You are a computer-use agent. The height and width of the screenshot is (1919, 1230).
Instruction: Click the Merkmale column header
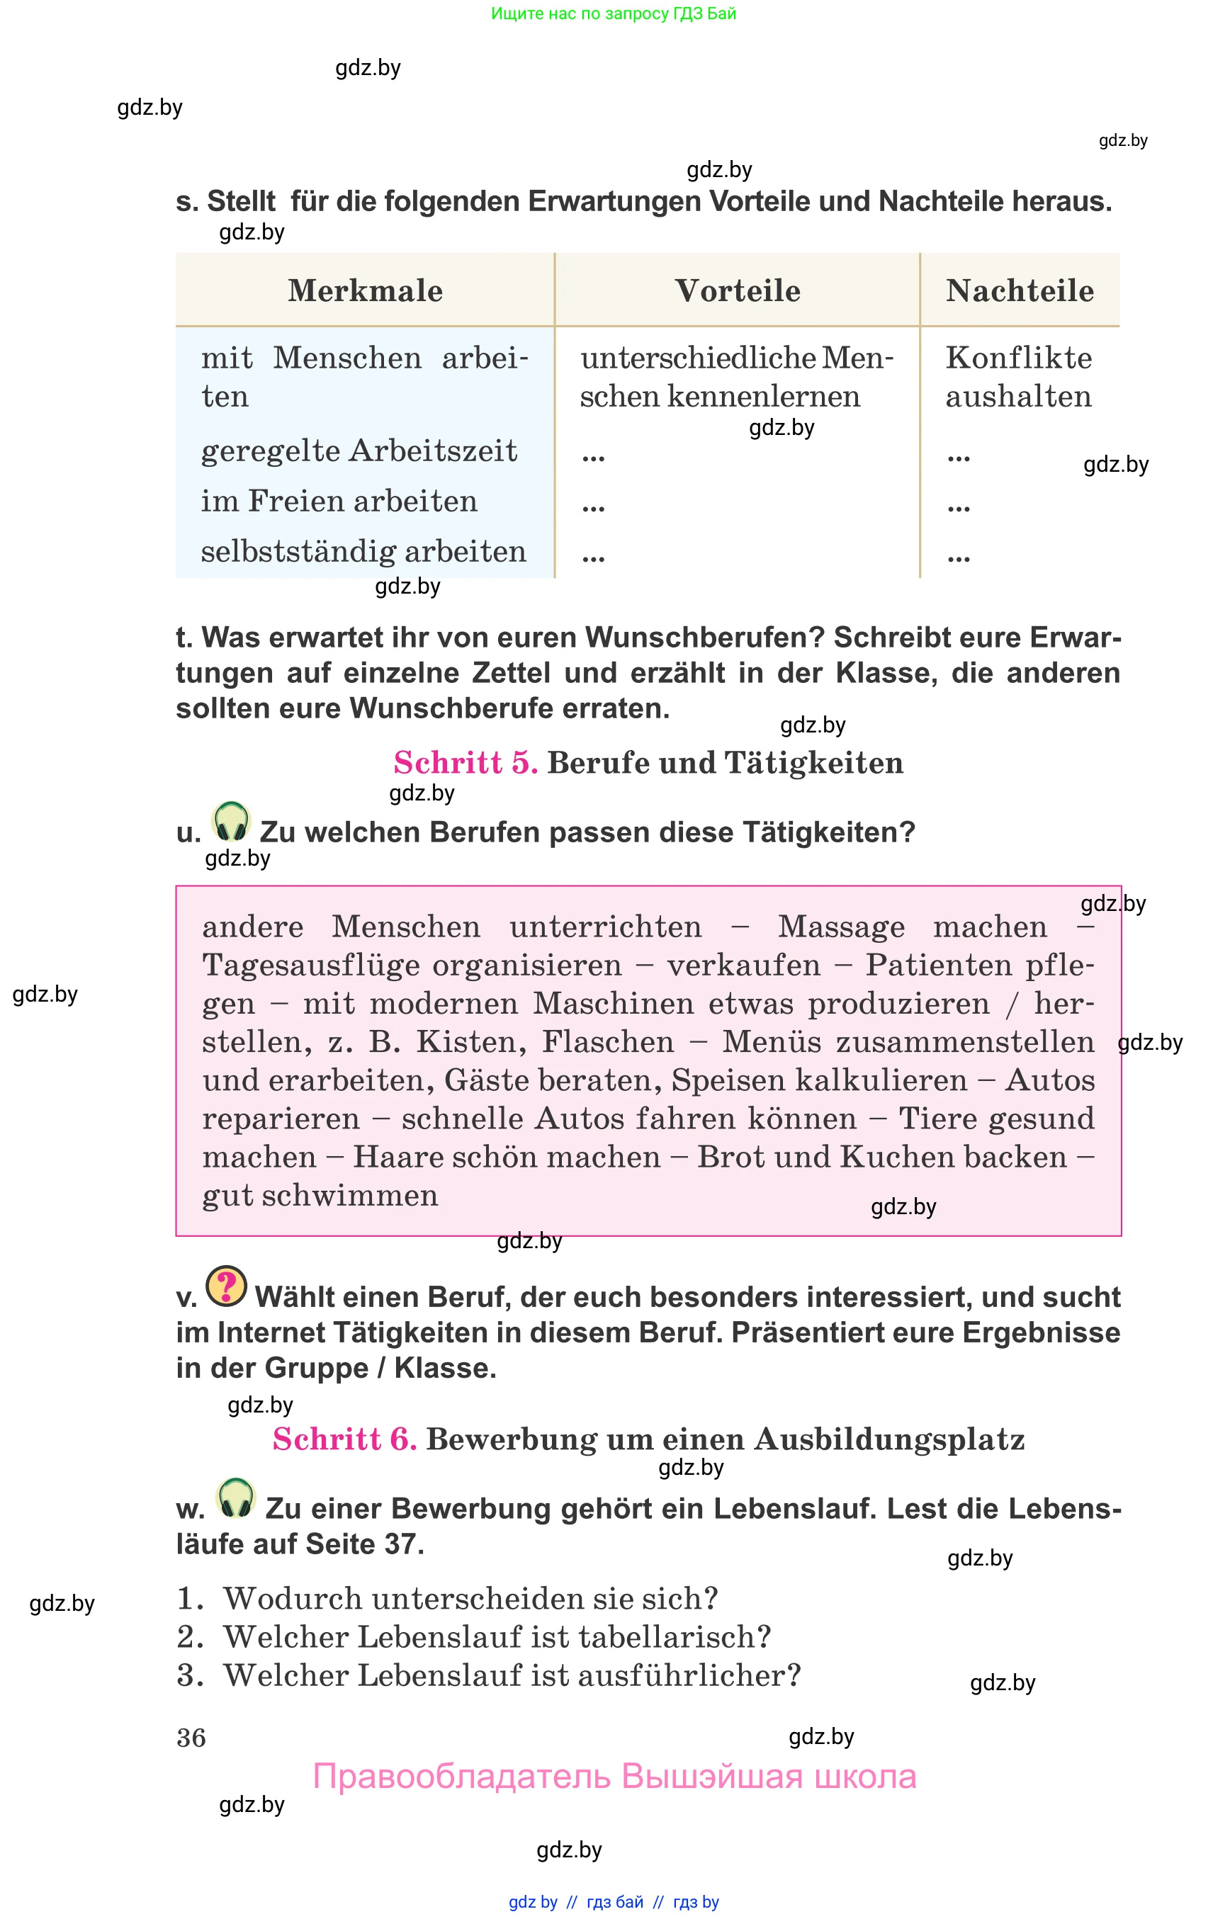[365, 290]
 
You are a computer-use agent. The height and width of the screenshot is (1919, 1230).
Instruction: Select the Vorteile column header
[737, 290]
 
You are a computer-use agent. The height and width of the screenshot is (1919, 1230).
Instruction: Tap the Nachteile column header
[1019, 290]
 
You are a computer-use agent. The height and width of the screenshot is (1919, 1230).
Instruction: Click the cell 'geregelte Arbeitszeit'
[359, 451]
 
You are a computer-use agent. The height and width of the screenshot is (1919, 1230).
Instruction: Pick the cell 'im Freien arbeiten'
[339, 501]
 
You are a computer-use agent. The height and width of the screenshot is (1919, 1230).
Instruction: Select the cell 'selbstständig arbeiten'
[363, 551]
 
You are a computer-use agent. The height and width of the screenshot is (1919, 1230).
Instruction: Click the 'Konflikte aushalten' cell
[1018, 377]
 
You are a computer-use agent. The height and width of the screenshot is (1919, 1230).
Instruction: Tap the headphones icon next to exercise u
[232, 822]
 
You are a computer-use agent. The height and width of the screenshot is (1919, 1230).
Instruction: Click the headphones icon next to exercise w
[236, 1499]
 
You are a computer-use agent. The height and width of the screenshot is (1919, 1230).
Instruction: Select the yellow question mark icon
[227, 1286]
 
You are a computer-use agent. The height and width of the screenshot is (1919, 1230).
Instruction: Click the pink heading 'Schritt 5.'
[466, 763]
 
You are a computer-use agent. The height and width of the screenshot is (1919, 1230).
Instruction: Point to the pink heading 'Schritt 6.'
[344, 1439]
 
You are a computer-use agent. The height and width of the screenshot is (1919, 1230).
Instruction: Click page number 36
[191, 1738]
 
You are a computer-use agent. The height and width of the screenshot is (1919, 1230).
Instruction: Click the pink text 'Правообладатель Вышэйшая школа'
[614, 1776]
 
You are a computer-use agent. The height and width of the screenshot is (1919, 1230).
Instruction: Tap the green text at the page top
[614, 13]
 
